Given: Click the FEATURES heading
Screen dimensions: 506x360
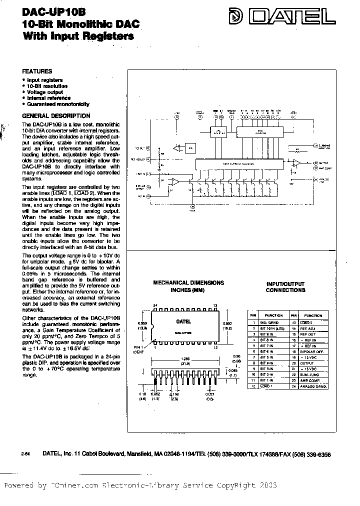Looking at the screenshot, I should point(37,71).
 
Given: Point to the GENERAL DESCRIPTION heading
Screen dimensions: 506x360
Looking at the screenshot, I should point(56,115).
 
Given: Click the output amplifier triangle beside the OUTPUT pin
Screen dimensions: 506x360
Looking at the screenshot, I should point(296,163).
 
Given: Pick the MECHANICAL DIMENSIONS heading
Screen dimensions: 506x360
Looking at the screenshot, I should point(189,283).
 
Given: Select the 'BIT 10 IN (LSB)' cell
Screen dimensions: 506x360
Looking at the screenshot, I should point(273,328).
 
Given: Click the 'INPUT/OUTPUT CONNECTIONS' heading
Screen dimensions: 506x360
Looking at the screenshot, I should point(285,286).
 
